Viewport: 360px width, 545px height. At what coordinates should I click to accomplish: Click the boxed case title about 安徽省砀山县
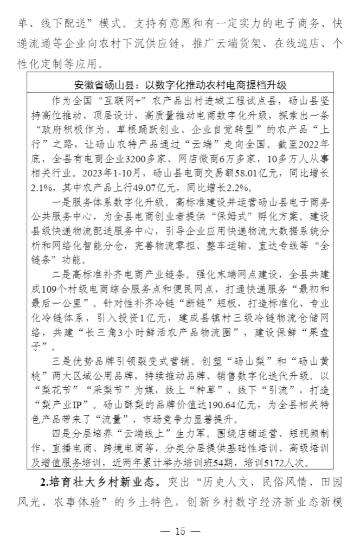(x=180, y=85)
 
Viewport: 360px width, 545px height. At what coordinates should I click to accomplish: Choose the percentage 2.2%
(x=236, y=188)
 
